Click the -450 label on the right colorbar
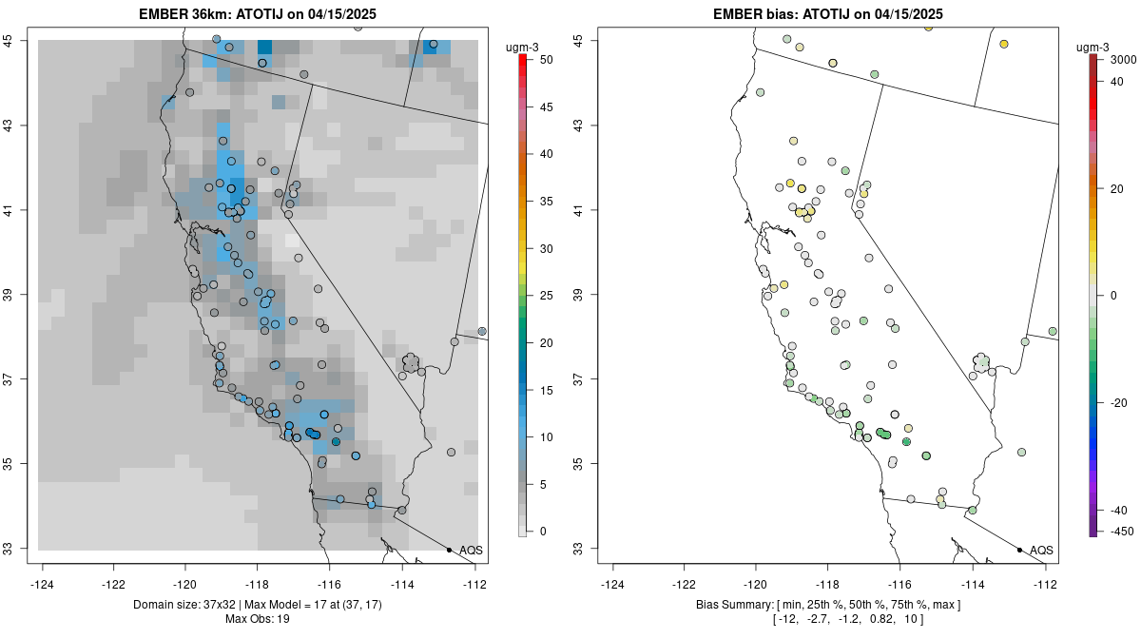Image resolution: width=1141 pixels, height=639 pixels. pos(1118,531)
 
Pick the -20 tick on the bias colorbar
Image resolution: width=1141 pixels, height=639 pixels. pos(1118,402)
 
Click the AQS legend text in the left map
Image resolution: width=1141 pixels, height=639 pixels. pos(471,550)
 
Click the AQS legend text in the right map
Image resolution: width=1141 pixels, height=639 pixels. pos(1041,550)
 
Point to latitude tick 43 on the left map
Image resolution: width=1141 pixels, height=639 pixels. pos(20,126)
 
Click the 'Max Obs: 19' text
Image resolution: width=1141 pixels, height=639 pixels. pos(257,619)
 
